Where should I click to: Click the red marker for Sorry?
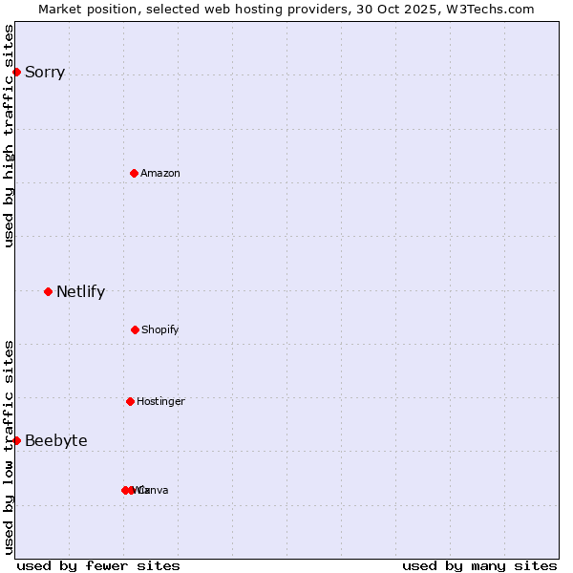(16, 72)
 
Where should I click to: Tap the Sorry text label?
(45, 73)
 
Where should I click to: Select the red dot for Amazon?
(134, 173)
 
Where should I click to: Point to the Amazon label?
(160, 174)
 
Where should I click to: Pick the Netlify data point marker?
(48, 291)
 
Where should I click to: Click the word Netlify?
(80, 292)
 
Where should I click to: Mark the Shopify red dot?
(135, 329)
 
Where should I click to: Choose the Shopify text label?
(160, 330)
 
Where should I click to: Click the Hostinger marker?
(130, 401)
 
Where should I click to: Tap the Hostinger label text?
(160, 402)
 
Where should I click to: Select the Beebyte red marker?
(16, 440)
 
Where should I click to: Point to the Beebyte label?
(56, 441)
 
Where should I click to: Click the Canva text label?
(156, 491)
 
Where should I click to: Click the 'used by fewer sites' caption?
(98, 565)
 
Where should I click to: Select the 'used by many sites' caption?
(479, 565)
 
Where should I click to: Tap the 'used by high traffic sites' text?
(10, 136)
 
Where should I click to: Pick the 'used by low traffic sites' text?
(10, 447)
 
